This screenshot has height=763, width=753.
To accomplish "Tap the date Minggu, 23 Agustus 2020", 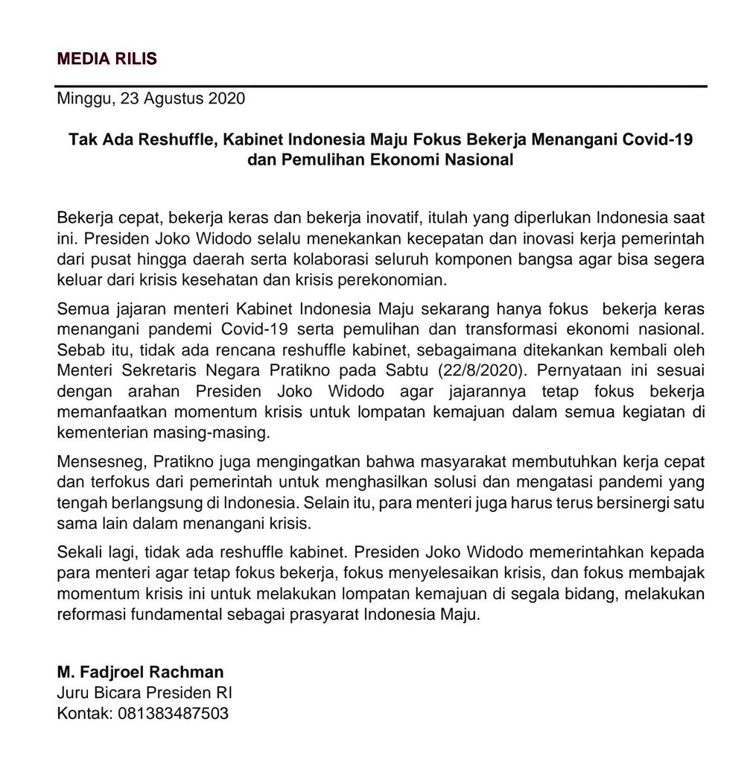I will click(150, 98).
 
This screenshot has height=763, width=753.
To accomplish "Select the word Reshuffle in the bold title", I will click(169, 139).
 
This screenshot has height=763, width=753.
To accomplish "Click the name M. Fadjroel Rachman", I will click(140, 671).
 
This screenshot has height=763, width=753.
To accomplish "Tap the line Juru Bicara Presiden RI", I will click(144, 692).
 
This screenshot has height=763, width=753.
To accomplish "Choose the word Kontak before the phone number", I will click(83, 713).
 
